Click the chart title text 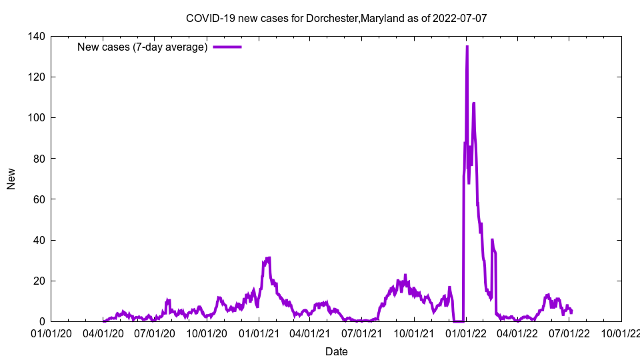coord(336,18)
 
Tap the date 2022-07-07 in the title coord(459,18)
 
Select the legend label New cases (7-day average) coord(143,47)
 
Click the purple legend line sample coord(227,47)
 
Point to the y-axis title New coord(11,179)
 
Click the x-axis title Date coord(336,351)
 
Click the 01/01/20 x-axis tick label coord(51,333)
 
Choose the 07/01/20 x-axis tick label coord(155,333)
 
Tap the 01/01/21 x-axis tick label coord(259,333)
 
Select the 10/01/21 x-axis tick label coord(414,333)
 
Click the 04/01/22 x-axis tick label coord(517,333)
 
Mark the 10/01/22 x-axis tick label coord(621,333)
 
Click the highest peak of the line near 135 coord(467,47)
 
